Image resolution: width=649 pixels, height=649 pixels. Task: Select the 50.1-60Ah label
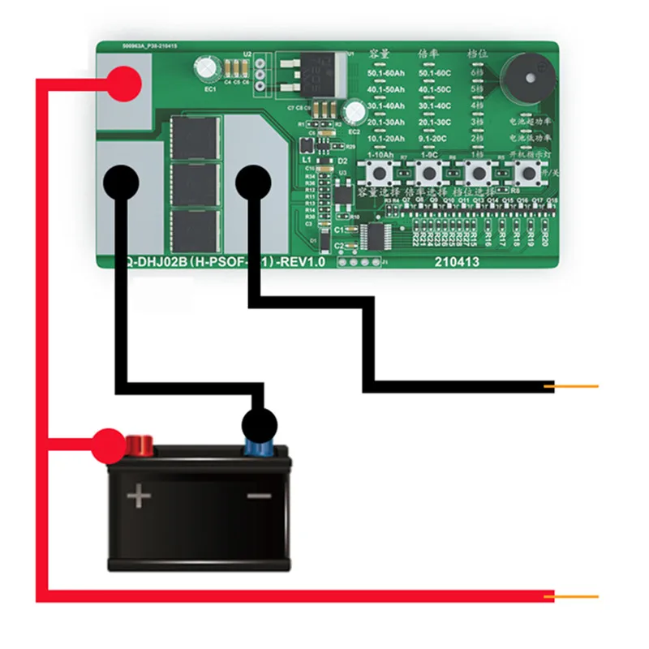[385, 74]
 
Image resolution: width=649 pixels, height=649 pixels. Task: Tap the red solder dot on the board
[125, 82]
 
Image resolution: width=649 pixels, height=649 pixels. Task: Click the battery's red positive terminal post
[139, 445]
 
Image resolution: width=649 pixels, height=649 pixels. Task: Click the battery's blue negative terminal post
[260, 445]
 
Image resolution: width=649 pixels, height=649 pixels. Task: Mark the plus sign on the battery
[140, 495]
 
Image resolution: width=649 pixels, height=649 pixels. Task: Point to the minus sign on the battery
[259, 496]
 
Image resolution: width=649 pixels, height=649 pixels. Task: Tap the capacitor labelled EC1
[208, 69]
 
